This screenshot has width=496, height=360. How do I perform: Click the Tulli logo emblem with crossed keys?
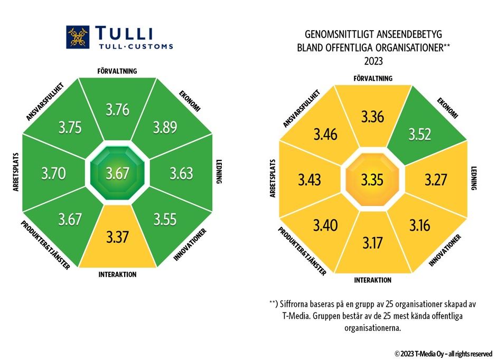click(78, 37)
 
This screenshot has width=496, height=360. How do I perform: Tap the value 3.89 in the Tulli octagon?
click(165, 128)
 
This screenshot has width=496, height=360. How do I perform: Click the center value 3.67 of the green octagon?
click(117, 173)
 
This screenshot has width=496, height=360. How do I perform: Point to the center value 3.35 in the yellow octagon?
click(373, 180)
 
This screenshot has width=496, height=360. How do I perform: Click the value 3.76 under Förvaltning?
click(117, 110)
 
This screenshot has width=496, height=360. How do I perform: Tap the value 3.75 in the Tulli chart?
click(70, 128)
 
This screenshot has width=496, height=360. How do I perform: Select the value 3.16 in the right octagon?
click(420, 225)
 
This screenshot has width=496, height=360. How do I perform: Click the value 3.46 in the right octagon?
click(325, 135)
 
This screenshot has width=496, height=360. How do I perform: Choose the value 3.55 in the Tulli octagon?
click(166, 219)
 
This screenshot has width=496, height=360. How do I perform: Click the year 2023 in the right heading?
click(373, 61)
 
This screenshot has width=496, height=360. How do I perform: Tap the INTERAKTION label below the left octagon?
click(117, 274)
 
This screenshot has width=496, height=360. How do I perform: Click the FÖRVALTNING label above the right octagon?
click(373, 78)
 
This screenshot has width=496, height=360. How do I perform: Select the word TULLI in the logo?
click(125, 33)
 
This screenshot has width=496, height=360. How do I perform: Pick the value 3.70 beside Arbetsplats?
click(53, 173)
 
